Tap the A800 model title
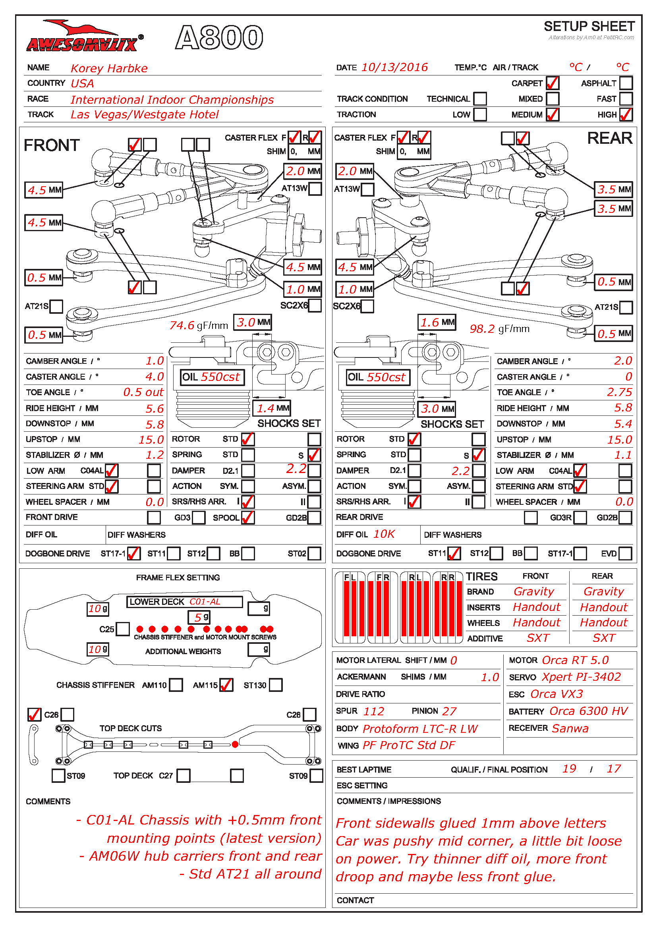219,37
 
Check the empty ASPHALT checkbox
626,83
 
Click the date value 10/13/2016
394,67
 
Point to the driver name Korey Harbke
109,68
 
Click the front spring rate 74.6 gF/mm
199,325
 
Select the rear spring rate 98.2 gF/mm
499,328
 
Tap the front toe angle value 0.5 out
143,392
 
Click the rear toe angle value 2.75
619,392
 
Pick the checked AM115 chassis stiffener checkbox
226,685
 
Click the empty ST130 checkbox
276,685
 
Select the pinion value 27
449,711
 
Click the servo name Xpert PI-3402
582,677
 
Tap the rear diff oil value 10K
384,534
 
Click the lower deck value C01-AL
205,602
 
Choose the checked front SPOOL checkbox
247,518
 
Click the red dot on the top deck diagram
235,744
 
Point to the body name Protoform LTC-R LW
420,729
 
